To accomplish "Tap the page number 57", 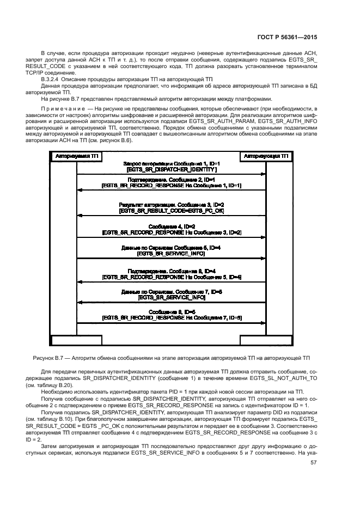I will pyautogui.click(x=314, y=463).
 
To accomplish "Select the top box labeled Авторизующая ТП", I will pyautogui.click(x=266, y=156).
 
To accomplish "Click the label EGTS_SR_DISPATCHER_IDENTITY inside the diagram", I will pyautogui.click(x=171, y=170).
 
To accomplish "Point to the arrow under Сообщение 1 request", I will pyautogui.click(x=171, y=174).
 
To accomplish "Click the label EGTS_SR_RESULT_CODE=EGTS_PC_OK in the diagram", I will pyautogui.click(x=171, y=210).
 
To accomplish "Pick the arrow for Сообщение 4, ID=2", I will pyautogui.click(x=171, y=236).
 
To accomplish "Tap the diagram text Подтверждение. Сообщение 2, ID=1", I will pyautogui.click(x=171, y=179).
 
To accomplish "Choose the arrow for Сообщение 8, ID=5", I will pyautogui.click(x=171, y=321).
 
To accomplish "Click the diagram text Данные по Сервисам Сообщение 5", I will pyautogui.click(x=171, y=248).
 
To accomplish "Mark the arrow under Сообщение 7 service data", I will pyautogui.click(x=171, y=302).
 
